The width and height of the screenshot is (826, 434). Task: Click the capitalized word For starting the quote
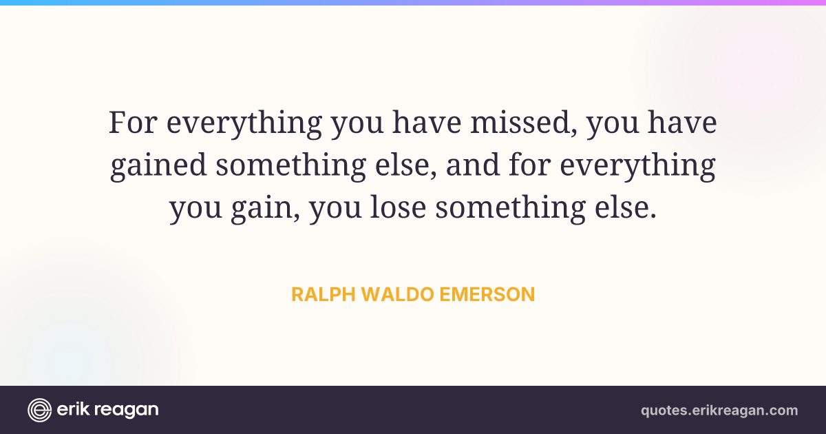coord(133,122)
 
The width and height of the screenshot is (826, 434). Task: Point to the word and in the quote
coord(473,164)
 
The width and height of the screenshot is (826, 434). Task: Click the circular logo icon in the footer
coord(39,410)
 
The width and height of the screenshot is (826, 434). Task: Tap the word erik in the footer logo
coord(72,409)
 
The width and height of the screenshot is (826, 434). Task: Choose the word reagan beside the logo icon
coord(127,411)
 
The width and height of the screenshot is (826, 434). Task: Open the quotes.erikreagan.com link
coord(719,411)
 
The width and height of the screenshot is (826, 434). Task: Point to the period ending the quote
coord(653,216)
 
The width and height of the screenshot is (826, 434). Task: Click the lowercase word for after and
coord(530,164)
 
